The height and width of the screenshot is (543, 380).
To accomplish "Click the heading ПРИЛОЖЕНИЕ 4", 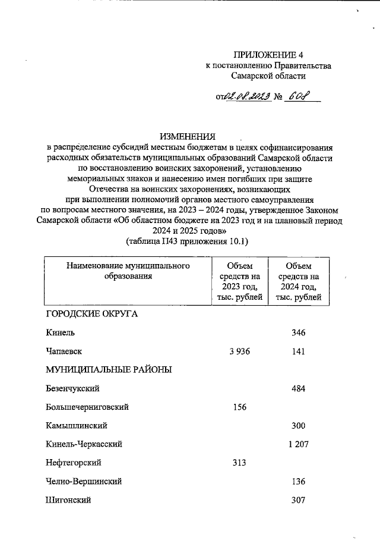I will pyautogui.click(x=268, y=54).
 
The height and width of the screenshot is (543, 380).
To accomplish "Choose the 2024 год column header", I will pyautogui.click(x=298, y=281).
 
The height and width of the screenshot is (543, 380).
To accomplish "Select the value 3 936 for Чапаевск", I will pyautogui.click(x=239, y=351).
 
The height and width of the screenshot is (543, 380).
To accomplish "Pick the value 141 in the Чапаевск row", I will pyautogui.click(x=298, y=351).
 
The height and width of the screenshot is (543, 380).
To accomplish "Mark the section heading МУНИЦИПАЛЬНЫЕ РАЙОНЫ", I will pyautogui.click(x=109, y=370).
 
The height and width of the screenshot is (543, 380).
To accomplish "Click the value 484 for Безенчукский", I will pyautogui.click(x=298, y=388).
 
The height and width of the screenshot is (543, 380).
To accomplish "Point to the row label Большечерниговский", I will pyautogui.click(x=87, y=407).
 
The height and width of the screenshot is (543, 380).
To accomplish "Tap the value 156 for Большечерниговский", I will pyautogui.click(x=239, y=407).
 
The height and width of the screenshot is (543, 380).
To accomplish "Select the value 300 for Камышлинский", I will pyautogui.click(x=298, y=426).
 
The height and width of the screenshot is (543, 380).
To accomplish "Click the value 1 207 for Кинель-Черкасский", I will pyautogui.click(x=298, y=444).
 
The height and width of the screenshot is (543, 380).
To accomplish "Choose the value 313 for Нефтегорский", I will pyautogui.click(x=239, y=463).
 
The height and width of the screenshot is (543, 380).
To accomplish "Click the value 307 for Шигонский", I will pyautogui.click(x=298, y=500).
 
